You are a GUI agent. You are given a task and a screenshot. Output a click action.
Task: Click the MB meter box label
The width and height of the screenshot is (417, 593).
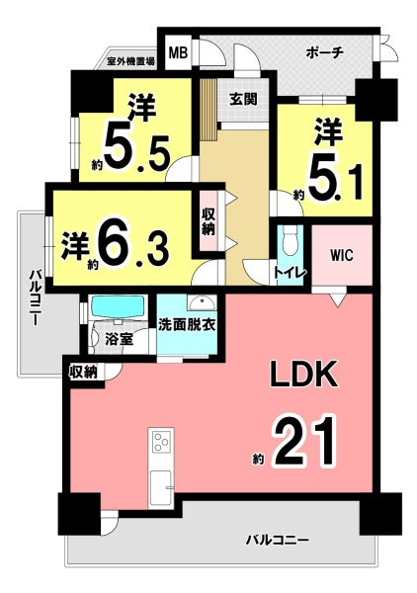[178, 52]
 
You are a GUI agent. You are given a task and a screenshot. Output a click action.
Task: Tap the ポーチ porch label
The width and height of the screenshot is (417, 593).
[325, 52]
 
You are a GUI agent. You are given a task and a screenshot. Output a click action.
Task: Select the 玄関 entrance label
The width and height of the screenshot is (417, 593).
[244, 99]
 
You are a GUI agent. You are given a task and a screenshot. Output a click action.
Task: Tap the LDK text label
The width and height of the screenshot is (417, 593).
[303, 373]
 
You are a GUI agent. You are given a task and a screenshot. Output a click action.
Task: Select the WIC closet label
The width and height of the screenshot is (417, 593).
[342, 255]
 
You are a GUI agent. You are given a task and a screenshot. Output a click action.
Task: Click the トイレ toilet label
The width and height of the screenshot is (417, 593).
[290, 273]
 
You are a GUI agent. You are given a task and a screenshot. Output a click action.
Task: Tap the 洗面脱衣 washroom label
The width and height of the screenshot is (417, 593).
[187, 325]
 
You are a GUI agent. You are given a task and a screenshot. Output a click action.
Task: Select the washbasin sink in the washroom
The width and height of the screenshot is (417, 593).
[202, 303]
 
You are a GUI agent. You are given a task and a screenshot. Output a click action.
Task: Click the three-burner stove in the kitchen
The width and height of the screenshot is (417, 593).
[162, 441]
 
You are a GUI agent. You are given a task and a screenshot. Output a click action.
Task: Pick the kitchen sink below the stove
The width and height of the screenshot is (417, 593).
[161, 487]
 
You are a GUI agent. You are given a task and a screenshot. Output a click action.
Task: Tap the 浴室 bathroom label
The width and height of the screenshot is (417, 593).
[120, 339]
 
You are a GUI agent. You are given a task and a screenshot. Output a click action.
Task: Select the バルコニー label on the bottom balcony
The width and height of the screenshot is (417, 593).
[278, 540]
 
